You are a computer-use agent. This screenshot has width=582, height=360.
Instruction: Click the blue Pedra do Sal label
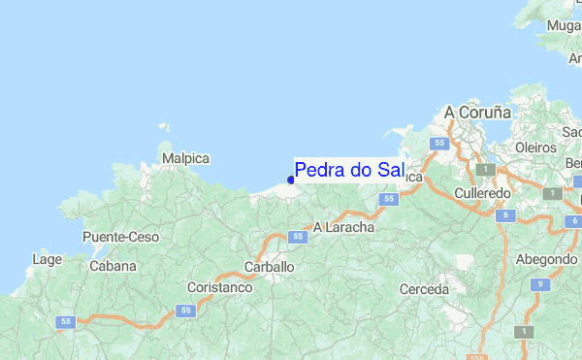click(349, 171)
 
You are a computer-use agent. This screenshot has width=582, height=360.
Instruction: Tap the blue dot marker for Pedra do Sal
click(291, 180)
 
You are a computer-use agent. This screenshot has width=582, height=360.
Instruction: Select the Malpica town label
click(185, 157)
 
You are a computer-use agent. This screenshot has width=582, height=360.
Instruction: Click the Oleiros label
click(535, 147)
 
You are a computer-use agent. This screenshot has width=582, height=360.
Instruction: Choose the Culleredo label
click(483, 194)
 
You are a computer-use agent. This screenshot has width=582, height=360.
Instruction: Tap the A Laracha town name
click(343, 226)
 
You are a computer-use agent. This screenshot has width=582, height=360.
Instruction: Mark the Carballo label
click(269, 266)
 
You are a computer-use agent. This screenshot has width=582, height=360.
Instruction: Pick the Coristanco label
click(219, 288)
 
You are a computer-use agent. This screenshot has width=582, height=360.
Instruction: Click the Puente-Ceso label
click(120, 237)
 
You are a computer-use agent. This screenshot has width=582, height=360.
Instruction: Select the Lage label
click(47, 259)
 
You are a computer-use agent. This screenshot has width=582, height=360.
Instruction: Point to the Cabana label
click(113, 265)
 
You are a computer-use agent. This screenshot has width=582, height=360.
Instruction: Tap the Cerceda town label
click(425, 289)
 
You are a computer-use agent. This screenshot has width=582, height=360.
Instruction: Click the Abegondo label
click(546, 259)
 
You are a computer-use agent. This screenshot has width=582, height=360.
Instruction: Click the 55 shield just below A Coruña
click(440, 144)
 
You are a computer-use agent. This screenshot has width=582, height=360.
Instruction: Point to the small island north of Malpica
click(162, 127)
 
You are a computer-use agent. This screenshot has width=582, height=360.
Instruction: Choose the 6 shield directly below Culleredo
click(505, 215)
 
